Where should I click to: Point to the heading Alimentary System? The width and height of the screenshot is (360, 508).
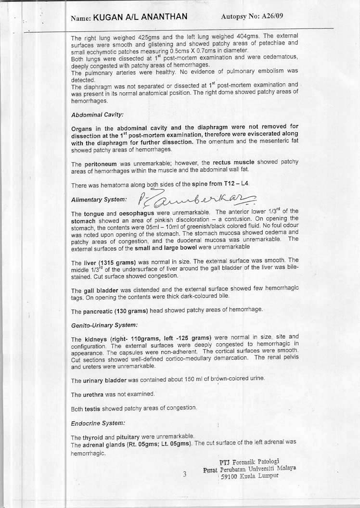click(x=99, y=199)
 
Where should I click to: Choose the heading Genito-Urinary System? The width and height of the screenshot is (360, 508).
click(x=101, y=325)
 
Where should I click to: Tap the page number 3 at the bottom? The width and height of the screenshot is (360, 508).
click(x=184, y=474)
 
